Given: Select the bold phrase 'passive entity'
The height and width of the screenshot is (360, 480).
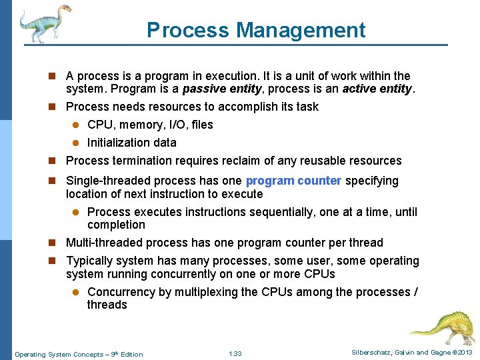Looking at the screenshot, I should pos(222,89).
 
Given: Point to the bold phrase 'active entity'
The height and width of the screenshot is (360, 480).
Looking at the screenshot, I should pos(378,89).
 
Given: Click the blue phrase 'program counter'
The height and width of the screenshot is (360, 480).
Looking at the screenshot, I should pos(293,181).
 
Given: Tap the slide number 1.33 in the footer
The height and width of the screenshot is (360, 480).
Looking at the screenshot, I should pos(235,354).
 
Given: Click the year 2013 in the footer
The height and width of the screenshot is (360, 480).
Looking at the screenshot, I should pos(464,353).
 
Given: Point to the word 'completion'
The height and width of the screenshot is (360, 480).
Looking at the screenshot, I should pos(116,225).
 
